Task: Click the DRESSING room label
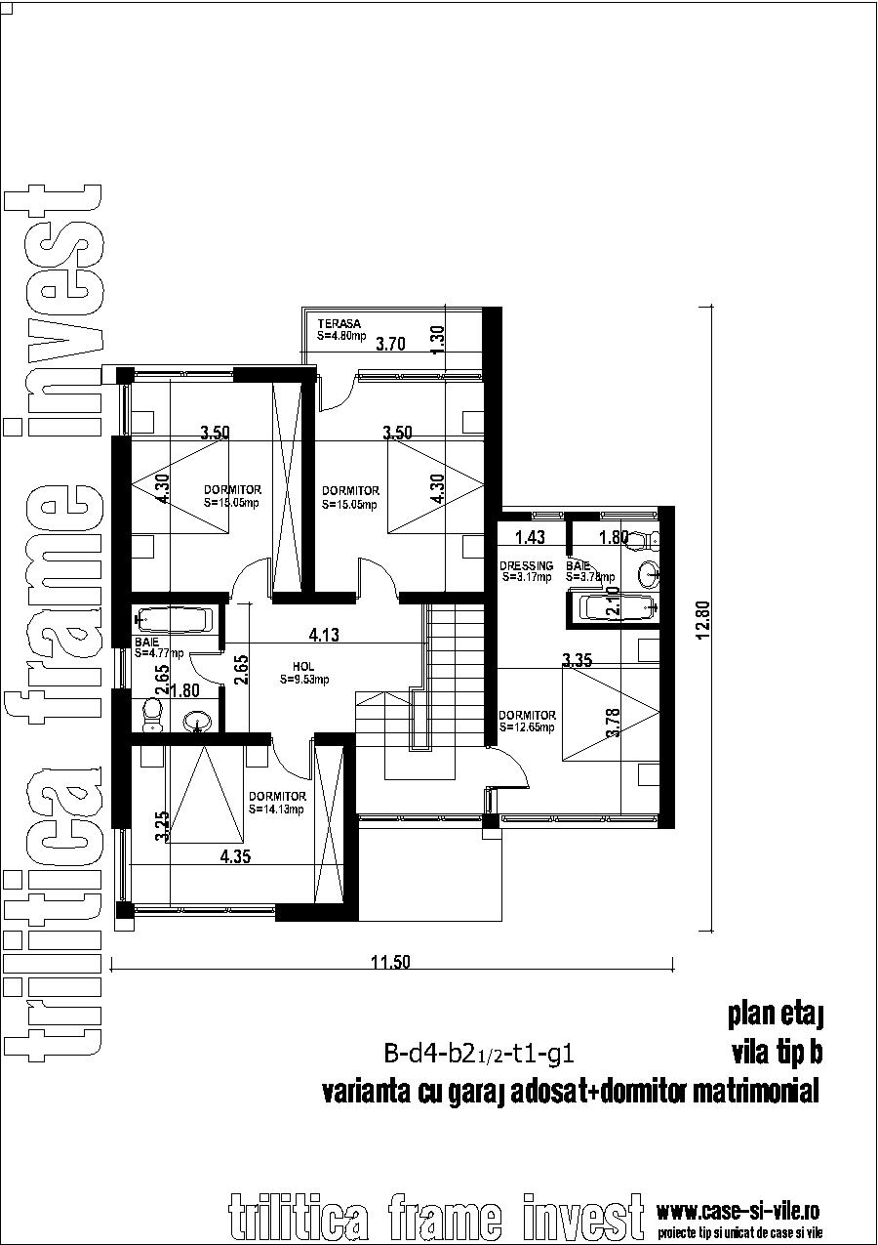(526, 566)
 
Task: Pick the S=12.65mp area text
(527, 727)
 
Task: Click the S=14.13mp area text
(276, 809)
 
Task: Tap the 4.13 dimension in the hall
(324, 636)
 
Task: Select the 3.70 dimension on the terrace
(390, 344)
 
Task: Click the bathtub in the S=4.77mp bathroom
(174, 620)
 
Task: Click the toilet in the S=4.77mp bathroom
(151, 715)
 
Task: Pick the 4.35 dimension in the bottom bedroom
(236, 857)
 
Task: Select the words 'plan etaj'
(776, 1016)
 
